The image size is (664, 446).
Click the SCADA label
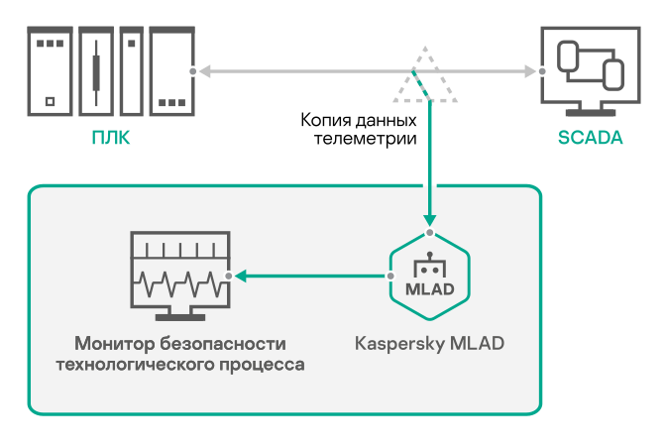[590, 138]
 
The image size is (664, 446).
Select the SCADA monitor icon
[588, 69]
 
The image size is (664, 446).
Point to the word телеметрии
[364, 139]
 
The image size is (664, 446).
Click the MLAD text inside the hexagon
[429, 290]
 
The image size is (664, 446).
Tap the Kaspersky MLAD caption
[429, 344]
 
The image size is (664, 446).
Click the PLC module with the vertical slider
[96, 69]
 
